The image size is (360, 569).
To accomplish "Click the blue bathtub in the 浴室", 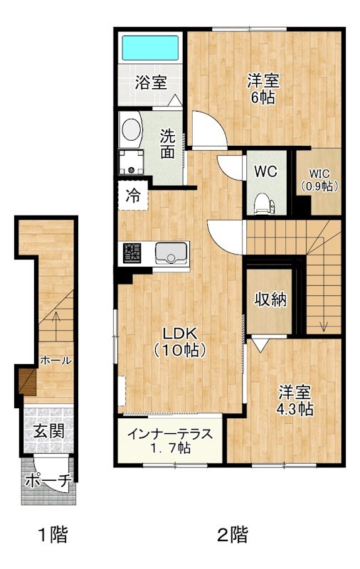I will coord(150,48).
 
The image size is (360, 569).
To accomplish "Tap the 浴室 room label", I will coord(151,82).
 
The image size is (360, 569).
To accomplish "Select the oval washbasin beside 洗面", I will coord(130,129).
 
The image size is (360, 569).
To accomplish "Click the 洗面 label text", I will coord(167,142).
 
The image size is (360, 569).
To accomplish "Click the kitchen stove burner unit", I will coord(132,252).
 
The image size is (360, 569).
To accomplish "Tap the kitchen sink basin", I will coord(171,252).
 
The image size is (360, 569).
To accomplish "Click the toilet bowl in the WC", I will coord(263,205).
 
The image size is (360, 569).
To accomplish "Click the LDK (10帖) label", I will coord(181,342).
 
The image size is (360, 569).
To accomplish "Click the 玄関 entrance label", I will coord(48,430).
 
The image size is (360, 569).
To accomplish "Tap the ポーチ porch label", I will coord(48,482).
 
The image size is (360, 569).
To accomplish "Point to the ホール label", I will coord(55,361).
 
